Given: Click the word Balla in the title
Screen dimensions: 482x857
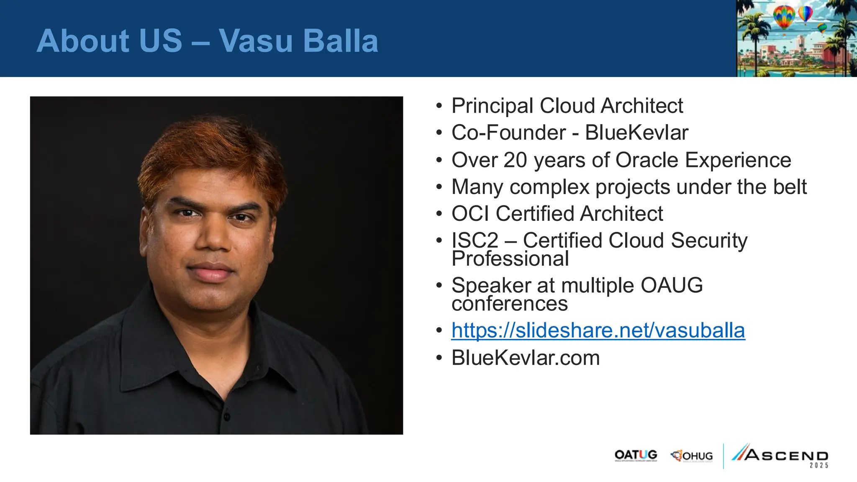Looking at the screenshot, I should coord(341,41).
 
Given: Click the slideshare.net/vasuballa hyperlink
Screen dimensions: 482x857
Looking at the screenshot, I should coord(598,331).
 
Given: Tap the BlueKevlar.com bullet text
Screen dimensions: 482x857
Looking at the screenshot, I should coord(526,358).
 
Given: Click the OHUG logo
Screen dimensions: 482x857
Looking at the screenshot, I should coord(692,456).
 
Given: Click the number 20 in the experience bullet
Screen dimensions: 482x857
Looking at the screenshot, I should coord(515,160).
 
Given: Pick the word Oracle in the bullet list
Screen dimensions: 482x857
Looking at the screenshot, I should coord(647,160).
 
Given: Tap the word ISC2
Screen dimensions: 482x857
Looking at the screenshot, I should coord(475,241).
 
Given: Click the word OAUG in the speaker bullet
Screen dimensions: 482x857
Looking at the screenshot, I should coord(671,285).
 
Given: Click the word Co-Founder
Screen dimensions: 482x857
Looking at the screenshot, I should coord(508,133).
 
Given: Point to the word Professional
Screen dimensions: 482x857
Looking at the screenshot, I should coord(510,259).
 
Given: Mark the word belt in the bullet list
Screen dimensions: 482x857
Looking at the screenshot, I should coord(790,187).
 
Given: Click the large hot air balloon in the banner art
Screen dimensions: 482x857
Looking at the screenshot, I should coord(784,17).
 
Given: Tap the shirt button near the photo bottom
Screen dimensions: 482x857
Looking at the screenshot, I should coord(227,416).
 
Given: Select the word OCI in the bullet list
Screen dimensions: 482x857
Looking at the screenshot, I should coord(470,214).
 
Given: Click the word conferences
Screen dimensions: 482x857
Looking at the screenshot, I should coord(510,304).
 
